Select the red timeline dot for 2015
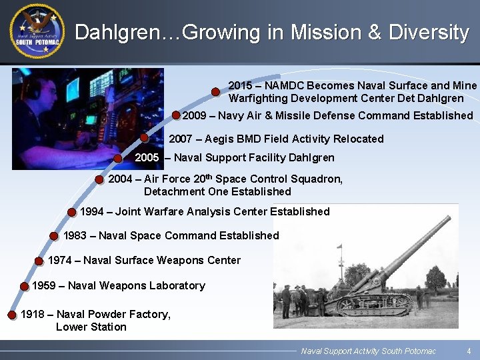tap(216, 91)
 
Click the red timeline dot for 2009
tap(176, 115)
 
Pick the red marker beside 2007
tap(145, 138)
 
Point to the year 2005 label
tap(147, 158)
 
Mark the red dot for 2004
tap(99, 179)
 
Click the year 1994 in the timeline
tap(92, 211)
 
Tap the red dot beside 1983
tap(53, 235)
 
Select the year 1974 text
tap(61, 260)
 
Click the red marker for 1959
tap(24, 286)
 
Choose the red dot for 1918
tap(11, 315)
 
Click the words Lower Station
tap(91, 327)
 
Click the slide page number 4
tap(469, 351)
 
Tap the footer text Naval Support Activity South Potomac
tap(368, 351)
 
